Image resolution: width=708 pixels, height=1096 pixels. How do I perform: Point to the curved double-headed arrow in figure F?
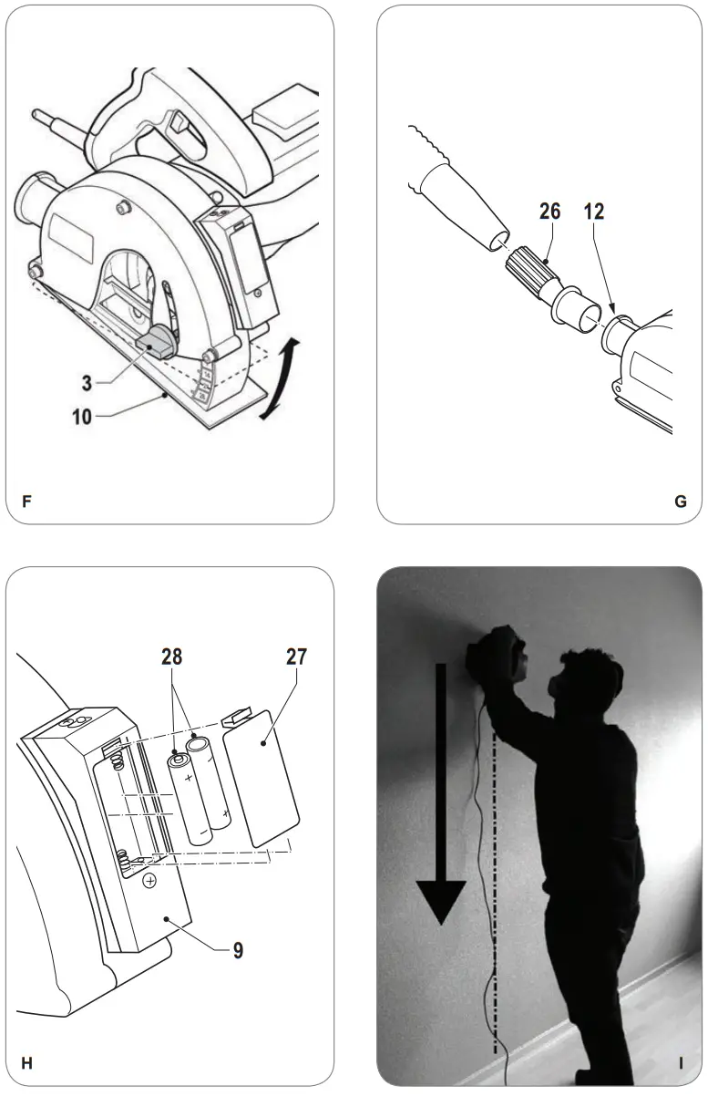(281, 377)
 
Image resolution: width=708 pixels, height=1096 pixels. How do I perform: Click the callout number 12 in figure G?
(592, 212)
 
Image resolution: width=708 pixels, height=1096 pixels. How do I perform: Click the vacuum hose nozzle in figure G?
(465, 205)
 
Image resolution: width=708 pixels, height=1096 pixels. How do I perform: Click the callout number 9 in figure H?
(237, 950)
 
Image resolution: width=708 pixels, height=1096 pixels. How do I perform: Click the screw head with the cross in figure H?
(149, 880)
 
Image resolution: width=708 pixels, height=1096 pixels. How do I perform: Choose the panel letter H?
(26, 1062)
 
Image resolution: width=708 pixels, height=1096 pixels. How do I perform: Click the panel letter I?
(681, 1062)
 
